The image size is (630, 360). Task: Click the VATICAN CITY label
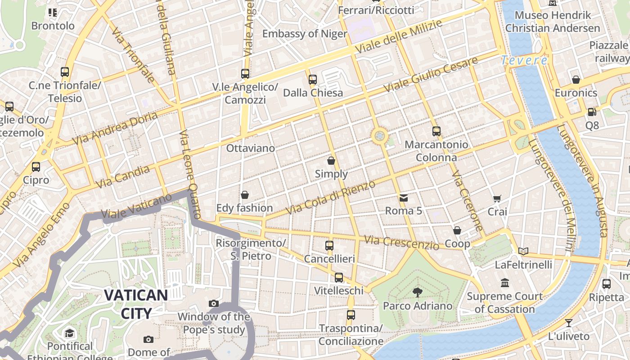[136, 304]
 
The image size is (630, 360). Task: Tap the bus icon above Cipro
[36, 166]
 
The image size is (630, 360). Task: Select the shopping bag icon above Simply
[331, 161]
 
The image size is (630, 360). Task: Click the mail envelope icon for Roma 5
[403, 198]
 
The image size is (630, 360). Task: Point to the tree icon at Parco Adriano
[418, 292]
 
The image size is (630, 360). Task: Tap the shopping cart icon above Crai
[497, 198]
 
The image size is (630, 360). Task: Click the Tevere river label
[524, 60]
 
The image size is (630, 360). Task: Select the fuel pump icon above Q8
[592, 112]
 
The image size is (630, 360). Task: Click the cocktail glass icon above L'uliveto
[569, 323]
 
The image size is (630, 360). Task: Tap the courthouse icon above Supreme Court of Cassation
[505, 283]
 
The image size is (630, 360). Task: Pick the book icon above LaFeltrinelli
[523, 251]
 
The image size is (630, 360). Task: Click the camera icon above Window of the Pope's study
[214, 304]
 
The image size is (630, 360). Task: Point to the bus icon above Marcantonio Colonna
[436, 131]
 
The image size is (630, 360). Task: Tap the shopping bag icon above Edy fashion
[245, 195]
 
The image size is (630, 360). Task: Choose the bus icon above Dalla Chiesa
[313, 80]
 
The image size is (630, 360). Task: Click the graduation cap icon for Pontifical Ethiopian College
[69, 333]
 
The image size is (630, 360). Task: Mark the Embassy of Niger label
[305, 34]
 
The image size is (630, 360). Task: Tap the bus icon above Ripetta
[607, 284]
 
